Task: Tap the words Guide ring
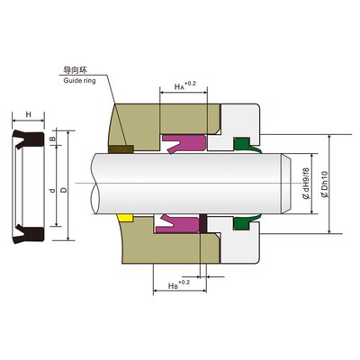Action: click(79, 81)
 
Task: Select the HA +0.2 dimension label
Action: click(184, 85)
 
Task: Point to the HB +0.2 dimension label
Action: click(179, 284)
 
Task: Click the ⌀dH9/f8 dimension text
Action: click(306, 184)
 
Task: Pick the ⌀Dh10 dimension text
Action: click(325, 184)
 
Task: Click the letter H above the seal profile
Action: click(29, 114)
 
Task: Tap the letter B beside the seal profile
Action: click(52, 139)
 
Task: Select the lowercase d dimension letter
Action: click(52, 191)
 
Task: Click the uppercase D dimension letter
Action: click(64, 190)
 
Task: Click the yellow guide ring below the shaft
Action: click(125, 218)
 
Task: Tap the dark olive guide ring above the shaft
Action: click(121, 149)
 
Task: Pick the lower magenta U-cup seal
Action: click(177, 224)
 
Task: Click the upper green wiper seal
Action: click(245, 145)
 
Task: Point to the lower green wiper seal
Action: click(245, 223)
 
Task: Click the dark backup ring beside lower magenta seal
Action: click(202, 224)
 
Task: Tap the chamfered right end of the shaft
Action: click(286, 184)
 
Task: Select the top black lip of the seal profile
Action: click(29, 139)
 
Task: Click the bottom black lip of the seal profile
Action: click(29, 233)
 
